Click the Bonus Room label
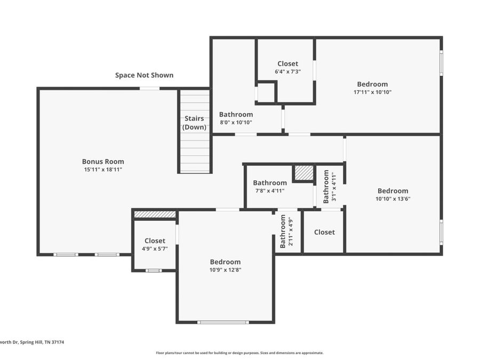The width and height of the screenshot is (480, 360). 103,162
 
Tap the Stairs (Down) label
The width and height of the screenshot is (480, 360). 194,123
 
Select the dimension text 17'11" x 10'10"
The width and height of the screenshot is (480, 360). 373,92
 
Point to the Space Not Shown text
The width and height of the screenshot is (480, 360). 144,75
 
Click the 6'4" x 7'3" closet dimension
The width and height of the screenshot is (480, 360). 288,71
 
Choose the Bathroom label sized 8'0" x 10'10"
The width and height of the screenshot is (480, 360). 236,115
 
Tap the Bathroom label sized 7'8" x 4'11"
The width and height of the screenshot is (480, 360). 270,183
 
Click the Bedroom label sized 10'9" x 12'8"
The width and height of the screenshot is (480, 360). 225,262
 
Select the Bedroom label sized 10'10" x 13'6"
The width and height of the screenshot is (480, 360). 393,191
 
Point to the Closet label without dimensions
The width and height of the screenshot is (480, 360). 324,233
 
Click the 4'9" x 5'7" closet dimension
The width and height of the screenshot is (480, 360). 155,249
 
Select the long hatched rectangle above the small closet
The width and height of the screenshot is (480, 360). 155,214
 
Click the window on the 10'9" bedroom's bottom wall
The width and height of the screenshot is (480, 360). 223,322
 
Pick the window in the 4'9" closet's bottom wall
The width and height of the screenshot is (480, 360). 154,270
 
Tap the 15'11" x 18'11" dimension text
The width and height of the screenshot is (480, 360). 103,170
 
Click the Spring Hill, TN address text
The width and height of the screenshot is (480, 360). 32,342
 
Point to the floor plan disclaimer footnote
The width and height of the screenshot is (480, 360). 239,353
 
